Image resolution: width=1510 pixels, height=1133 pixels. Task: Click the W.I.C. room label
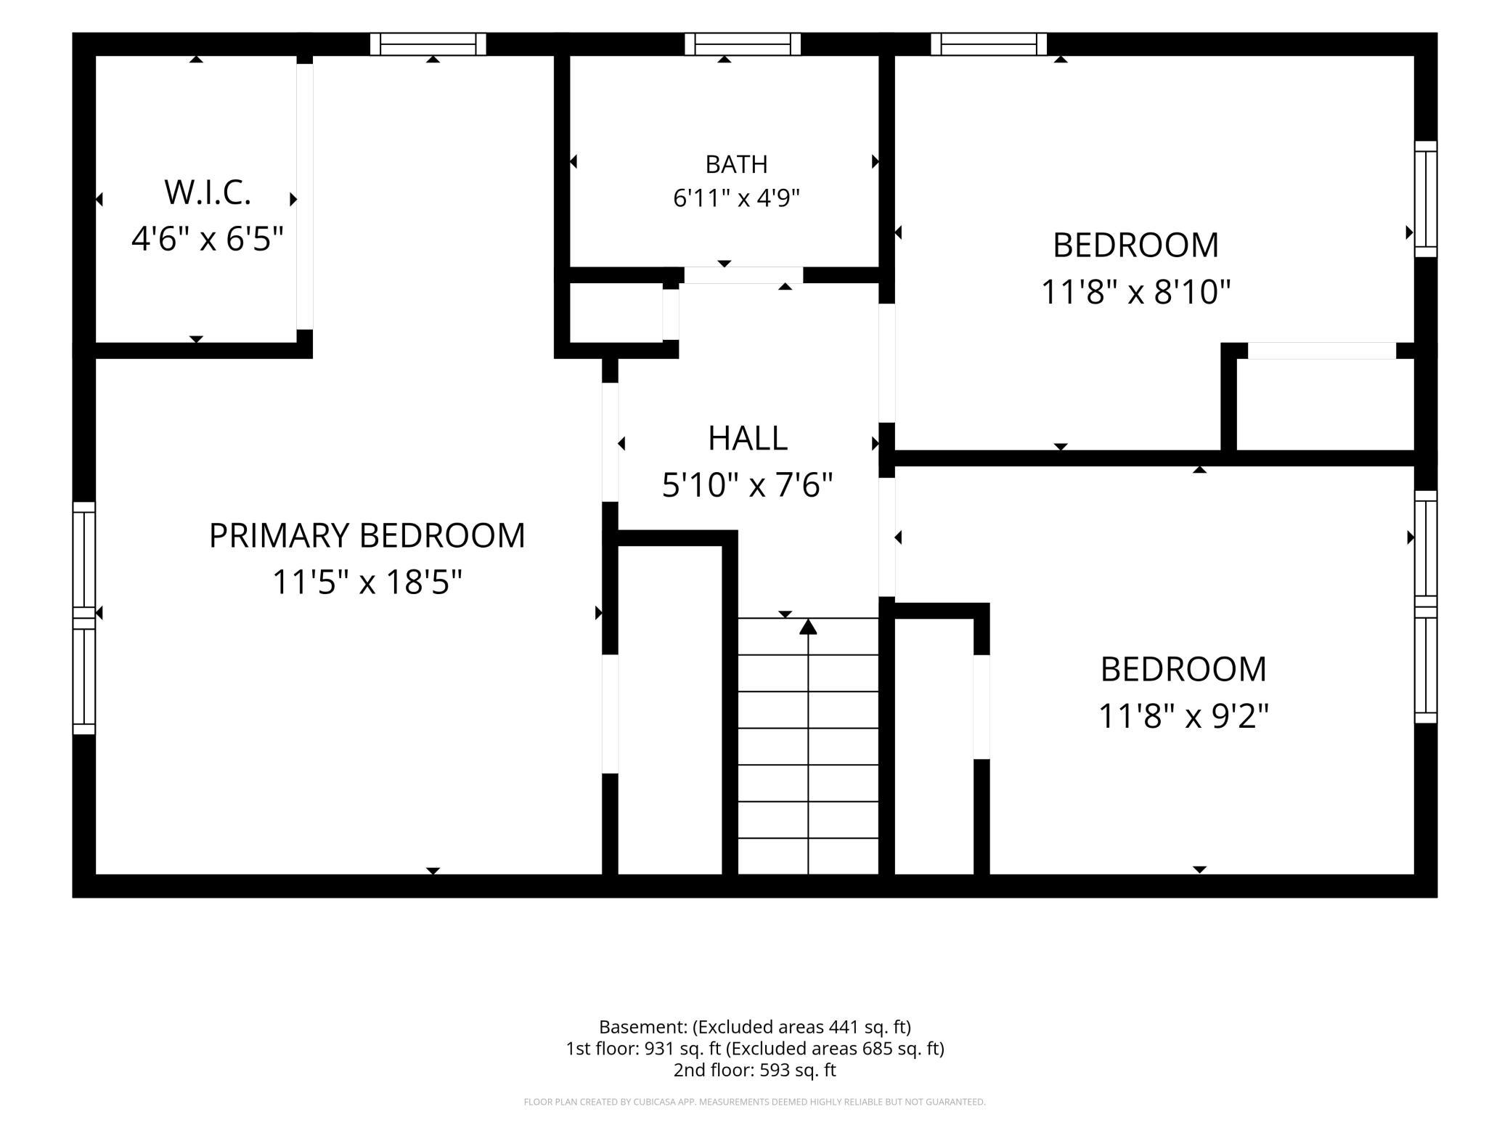(x=208, y=192)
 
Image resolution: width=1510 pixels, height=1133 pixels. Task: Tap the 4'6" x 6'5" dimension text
(x=208, y=238)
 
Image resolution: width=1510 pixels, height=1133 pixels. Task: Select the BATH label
(x=736, y=164)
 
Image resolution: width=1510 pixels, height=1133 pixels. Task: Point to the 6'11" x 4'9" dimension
(x=736, y=198)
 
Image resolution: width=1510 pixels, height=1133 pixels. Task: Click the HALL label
(x=748, y=438)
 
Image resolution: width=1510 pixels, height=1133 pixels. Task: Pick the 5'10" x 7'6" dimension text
(x=748, y=484)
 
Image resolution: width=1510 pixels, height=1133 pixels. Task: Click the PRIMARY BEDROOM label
(x=367, y=535)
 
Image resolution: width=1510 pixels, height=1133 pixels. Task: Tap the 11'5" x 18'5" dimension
(x=367, y=582)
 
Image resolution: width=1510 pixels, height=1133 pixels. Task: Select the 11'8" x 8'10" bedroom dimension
(x=1135, y=292)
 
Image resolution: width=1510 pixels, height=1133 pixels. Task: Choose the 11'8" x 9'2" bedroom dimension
(x=1183, y=716)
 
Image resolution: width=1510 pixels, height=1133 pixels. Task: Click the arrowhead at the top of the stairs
(x=808, y=626)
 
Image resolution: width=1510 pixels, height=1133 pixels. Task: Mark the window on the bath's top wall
(x=743, y=44)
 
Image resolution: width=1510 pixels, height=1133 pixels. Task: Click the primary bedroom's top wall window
(x=428, y=44)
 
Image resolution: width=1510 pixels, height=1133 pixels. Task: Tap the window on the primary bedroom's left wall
(x=84, y=618)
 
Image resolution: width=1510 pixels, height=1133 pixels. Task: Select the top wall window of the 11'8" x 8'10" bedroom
(x=989, y=44)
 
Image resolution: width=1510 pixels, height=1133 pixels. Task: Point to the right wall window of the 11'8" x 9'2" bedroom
(x=1426, y=607)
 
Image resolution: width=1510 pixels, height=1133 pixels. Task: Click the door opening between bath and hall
(x=743, y=275)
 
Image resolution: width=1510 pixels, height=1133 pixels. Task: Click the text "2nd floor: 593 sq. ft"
(x=755, y=1070)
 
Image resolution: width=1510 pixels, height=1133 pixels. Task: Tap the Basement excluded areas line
(x=755, y=1027)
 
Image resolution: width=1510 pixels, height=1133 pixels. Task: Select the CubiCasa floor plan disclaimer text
(x=755, y=1102)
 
